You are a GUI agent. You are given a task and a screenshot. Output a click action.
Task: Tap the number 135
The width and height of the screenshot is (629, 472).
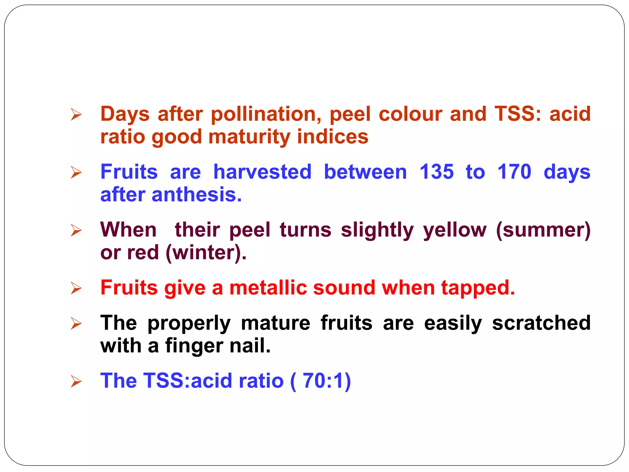coord(436,172)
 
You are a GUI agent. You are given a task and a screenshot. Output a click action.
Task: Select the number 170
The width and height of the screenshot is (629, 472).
coord(514,172)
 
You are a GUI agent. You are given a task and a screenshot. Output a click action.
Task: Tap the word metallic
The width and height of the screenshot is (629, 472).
coord(268,288)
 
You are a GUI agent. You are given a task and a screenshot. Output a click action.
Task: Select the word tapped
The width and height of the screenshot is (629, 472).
coord(478,288)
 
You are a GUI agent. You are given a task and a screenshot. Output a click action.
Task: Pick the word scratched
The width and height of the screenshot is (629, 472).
coord(541,323)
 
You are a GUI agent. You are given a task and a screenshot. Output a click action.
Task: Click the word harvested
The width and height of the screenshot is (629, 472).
coord(262,172)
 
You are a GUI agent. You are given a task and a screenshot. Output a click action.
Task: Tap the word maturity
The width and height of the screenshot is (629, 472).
coord(249,137)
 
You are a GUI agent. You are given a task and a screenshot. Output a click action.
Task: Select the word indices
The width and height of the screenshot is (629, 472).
coord(332,137)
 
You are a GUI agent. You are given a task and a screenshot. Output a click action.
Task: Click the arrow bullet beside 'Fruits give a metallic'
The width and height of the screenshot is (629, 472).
coord(76,288)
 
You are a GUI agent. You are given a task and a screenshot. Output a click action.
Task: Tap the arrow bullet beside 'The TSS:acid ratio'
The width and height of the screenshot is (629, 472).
coord(76,381)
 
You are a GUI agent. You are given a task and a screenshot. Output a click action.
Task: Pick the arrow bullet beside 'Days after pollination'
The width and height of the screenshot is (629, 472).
coord(76,114)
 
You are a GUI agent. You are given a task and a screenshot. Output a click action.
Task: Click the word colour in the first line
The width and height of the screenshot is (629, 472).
coord(410,114)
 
